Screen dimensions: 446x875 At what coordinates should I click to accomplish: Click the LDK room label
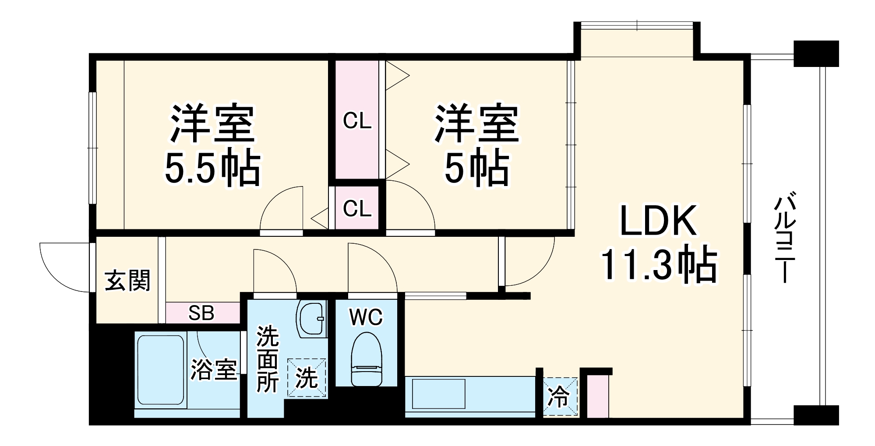click(658, 221)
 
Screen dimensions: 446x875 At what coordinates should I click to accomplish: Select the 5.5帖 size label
click(213, 169)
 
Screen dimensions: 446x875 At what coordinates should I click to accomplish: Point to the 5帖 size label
click(477, 169)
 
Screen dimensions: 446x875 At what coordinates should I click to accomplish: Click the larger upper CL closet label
click(357, 120)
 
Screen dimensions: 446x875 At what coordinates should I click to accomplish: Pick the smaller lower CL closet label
click(357, 208)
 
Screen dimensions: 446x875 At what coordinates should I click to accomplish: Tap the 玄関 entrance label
click(127, 281)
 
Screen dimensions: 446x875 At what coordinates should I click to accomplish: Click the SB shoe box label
click(201, 313)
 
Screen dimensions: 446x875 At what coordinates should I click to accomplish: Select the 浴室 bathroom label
click(213, 370)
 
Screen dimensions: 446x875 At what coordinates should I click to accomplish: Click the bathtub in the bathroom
click(160, 370)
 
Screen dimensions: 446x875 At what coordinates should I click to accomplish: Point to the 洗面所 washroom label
click(267, 359)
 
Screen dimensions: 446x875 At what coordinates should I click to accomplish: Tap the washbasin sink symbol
click(311, 319)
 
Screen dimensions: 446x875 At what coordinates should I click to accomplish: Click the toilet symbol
click(366, 359)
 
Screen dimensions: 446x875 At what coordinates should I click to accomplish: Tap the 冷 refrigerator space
click(560, 397)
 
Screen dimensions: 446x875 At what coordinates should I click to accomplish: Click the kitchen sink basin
click(439, 394)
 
